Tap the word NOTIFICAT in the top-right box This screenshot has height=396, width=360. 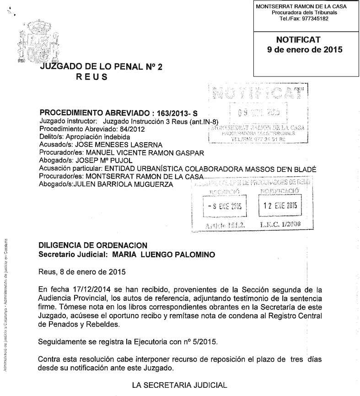298,40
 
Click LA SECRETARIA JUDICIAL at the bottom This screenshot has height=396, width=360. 179,385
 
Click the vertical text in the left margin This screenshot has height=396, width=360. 6,302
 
